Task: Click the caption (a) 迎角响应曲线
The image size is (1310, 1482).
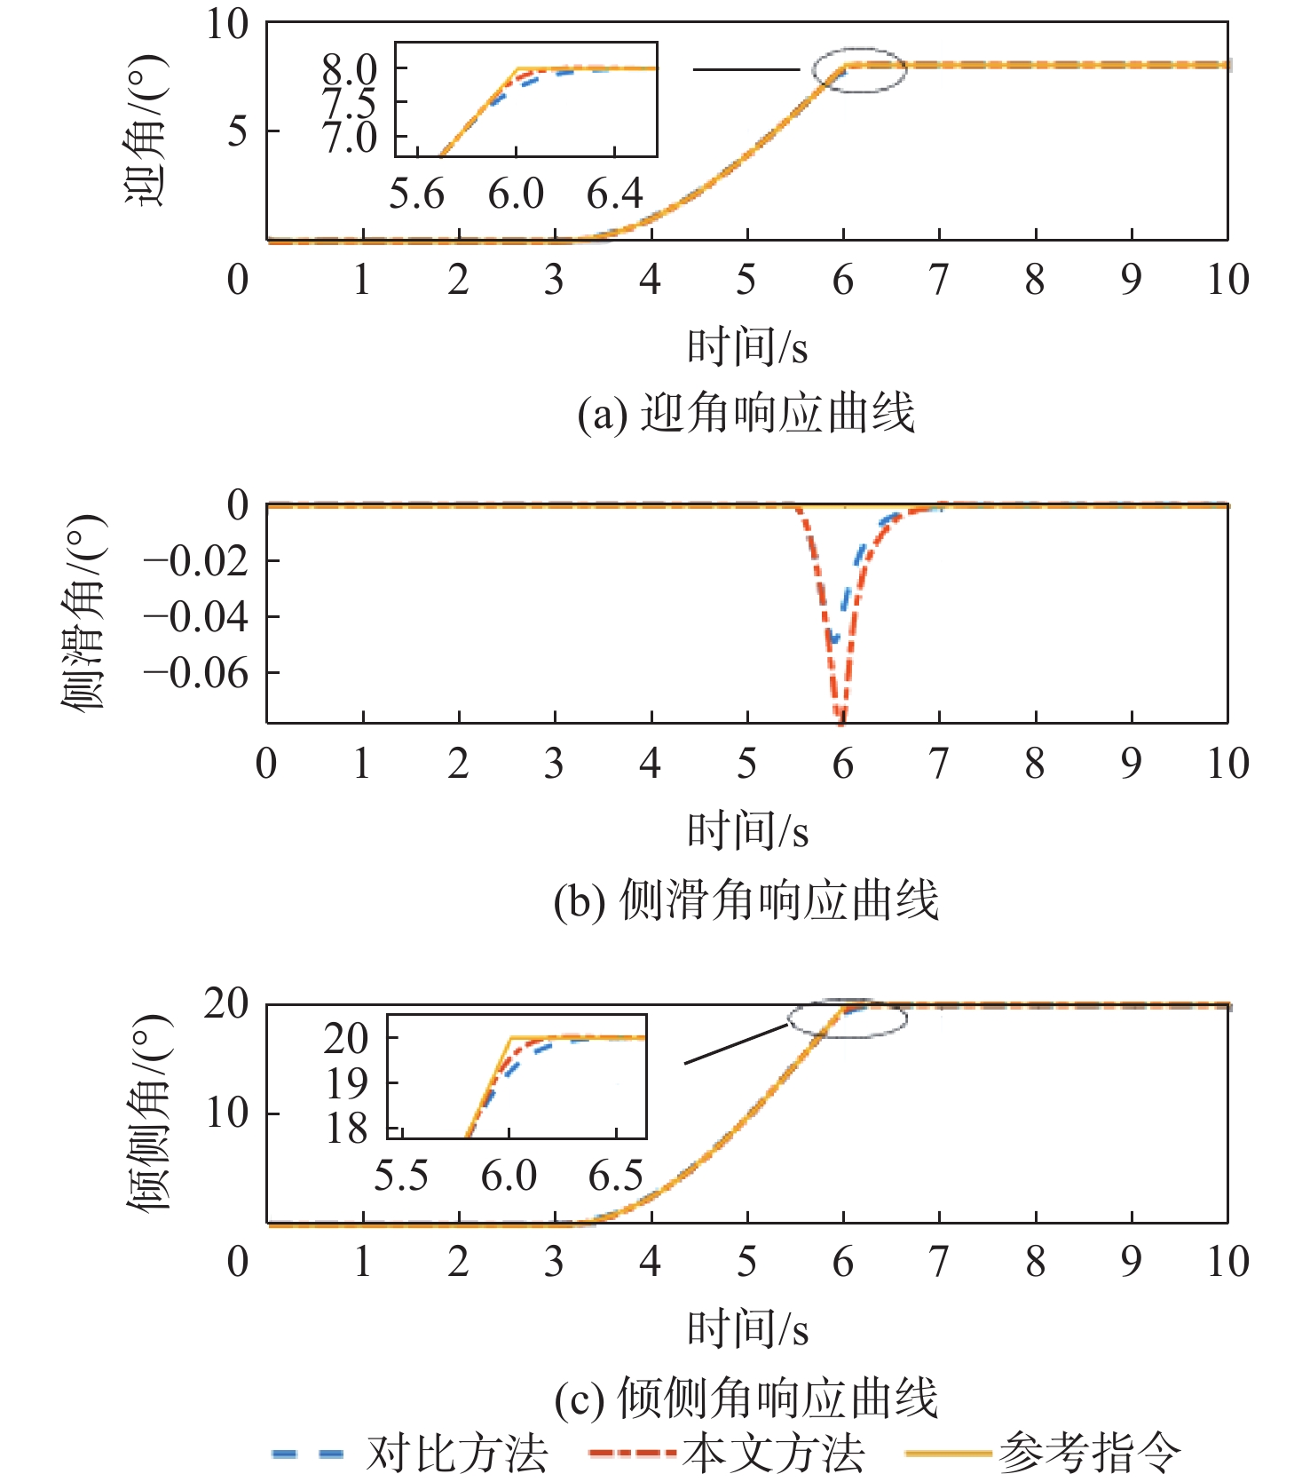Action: pyautogui.click(x=746, y=414)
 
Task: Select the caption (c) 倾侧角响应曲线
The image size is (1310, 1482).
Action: pyautogui.click(x=746, y=1399)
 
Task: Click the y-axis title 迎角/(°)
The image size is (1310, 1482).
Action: pyautogui.click(x=145, y=131)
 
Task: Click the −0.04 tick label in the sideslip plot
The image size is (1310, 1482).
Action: pyautogui.click(x=197, y=617)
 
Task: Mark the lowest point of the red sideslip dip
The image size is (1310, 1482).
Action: pyautogui.click(x=840, y=720)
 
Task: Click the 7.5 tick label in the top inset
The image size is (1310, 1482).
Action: pyautogui.click(x=349, y=104)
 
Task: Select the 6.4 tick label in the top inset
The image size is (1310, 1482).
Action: pyautogui.click(x=614, y=194)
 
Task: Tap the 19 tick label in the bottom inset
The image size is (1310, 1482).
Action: pyautogui.click(x=347, y=1083)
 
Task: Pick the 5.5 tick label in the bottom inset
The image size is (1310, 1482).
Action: pyautogui.click(x=401, y=1177)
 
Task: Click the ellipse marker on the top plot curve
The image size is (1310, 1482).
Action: pyautogui.click(x=859, y=70)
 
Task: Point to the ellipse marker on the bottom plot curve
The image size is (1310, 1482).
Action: pyautogui.click(x=848, y=1018)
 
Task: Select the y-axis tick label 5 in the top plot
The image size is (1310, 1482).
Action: pyautogui.click(x=238, y=131)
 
